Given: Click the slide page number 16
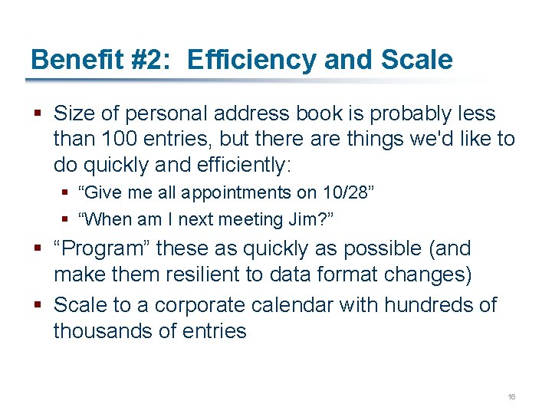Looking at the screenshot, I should pos(511,397).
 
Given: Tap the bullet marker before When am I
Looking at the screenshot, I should pos(69,220).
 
